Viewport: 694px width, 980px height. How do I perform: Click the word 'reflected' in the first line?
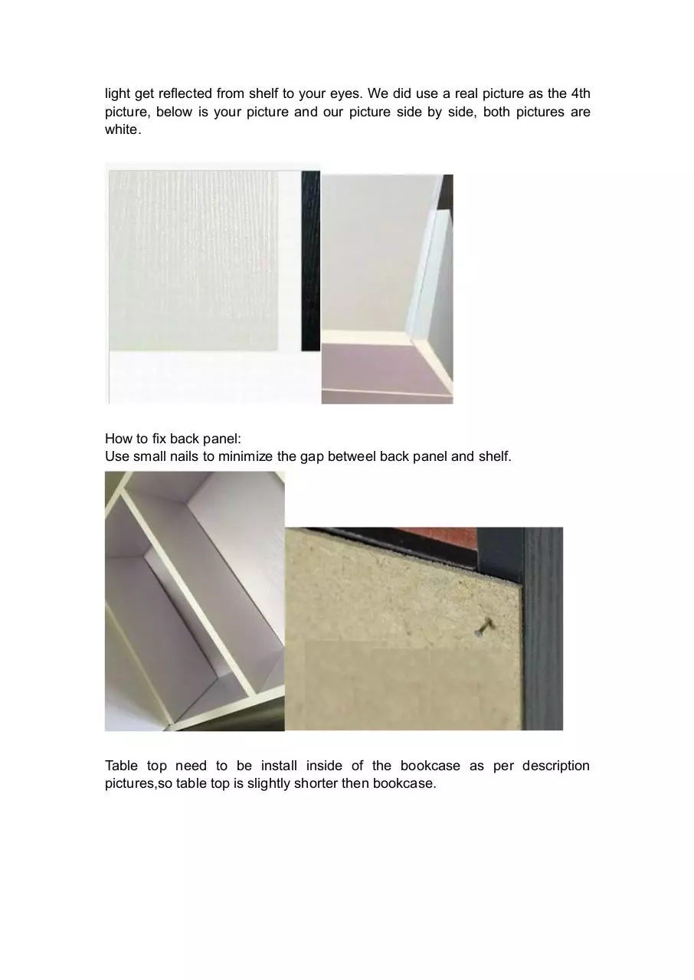pos(185,93)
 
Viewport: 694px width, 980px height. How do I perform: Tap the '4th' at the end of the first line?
pos(580,93)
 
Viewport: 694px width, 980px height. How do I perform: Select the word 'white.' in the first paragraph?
pos(123,129)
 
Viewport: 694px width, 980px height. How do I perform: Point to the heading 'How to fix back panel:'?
pos(173,439)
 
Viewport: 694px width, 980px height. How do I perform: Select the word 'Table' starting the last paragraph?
pos(121,765)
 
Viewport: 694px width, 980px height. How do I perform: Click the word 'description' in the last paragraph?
pos(555,765)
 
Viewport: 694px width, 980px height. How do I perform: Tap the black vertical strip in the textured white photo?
pos(311,261)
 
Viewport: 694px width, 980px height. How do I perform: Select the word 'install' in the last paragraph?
pos(279,765)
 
